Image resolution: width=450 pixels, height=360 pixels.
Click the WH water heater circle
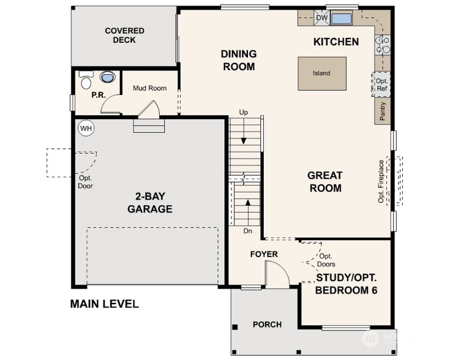[x=86, y=128]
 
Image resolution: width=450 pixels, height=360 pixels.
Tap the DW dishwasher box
[x=321, y=18]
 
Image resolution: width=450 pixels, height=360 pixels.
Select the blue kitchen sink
[x=341, y=18]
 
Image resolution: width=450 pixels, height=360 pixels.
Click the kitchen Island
[x=321, y=73]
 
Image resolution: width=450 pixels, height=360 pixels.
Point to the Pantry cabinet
[x=382, y=111]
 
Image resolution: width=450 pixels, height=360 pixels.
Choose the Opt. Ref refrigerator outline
[x=381, y=84]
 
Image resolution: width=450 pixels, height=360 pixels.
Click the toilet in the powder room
[x=86, y=80]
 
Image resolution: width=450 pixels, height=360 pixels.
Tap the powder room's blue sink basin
[x=108, y=77]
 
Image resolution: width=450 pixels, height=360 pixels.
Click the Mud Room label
[x=149, y=88]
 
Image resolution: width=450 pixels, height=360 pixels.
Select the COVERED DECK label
[x=124, y=36]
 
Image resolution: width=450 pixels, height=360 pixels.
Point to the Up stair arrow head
[x=244, y=141]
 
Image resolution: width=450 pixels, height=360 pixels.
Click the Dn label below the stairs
[x=248, y=231]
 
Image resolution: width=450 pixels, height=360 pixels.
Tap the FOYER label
[x=264, y=254]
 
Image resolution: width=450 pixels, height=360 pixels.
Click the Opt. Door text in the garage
[x=85, y=182]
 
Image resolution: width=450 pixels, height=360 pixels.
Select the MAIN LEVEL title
[x=105, y=304]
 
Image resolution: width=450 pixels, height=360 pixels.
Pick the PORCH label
[x=267, y=324]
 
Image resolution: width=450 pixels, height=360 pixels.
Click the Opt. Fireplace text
[x=381, y=181]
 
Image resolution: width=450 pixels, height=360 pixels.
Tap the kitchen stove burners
[x=383, y=45]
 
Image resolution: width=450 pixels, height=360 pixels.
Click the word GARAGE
[x=150, y=209]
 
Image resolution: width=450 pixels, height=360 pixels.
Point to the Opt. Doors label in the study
[x=326, y=260]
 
